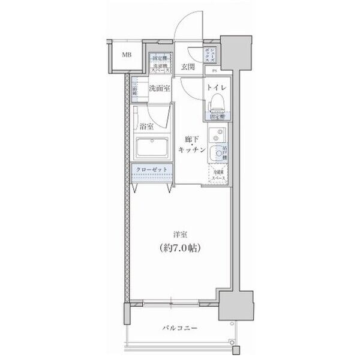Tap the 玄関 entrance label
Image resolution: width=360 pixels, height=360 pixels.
click(x=187, y=67)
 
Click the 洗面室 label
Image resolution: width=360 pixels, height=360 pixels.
click(x=160, y=88)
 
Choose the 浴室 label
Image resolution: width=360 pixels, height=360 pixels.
click(x=146, y=127)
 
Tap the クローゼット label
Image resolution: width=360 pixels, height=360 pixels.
click(x=153, y=170)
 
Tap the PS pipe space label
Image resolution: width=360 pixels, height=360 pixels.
click(x=215, y=71)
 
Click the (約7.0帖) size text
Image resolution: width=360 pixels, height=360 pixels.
click(x=179, y=247)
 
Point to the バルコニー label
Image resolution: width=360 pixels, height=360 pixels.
click(x=179, y=329)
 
